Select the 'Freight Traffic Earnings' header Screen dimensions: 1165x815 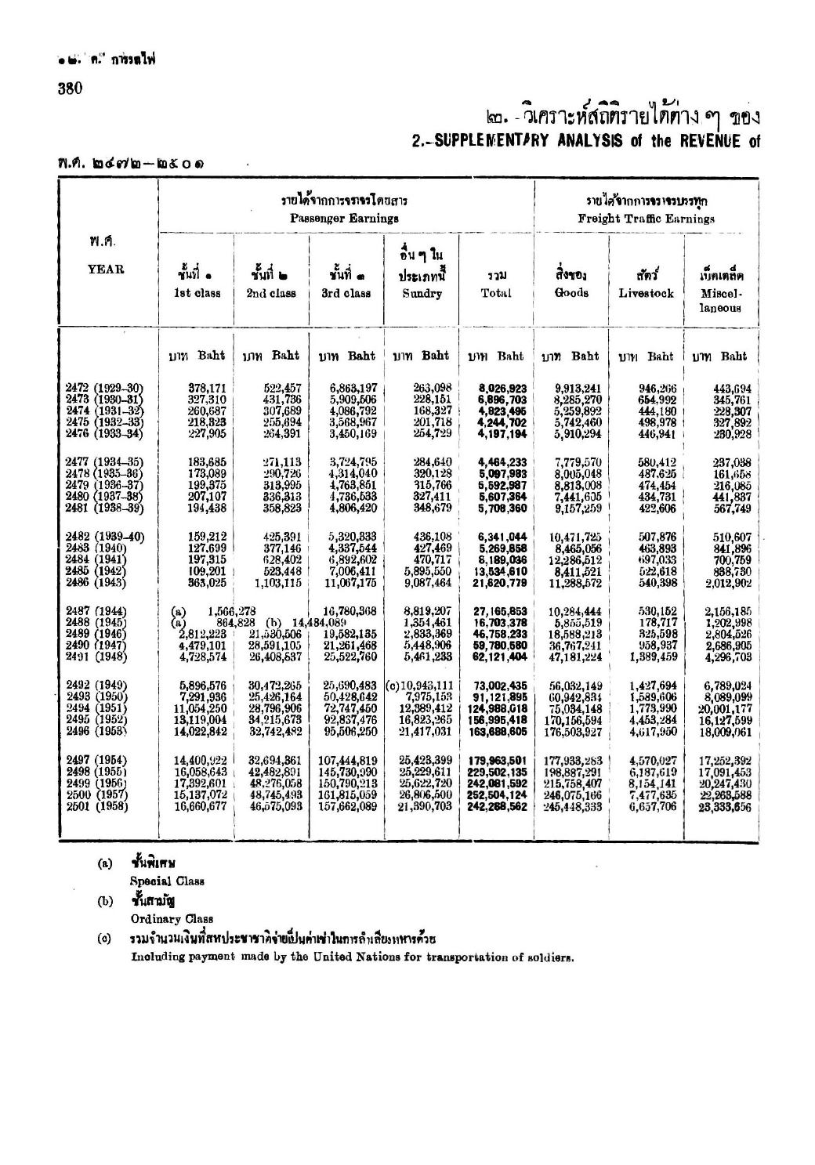point(647,219)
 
